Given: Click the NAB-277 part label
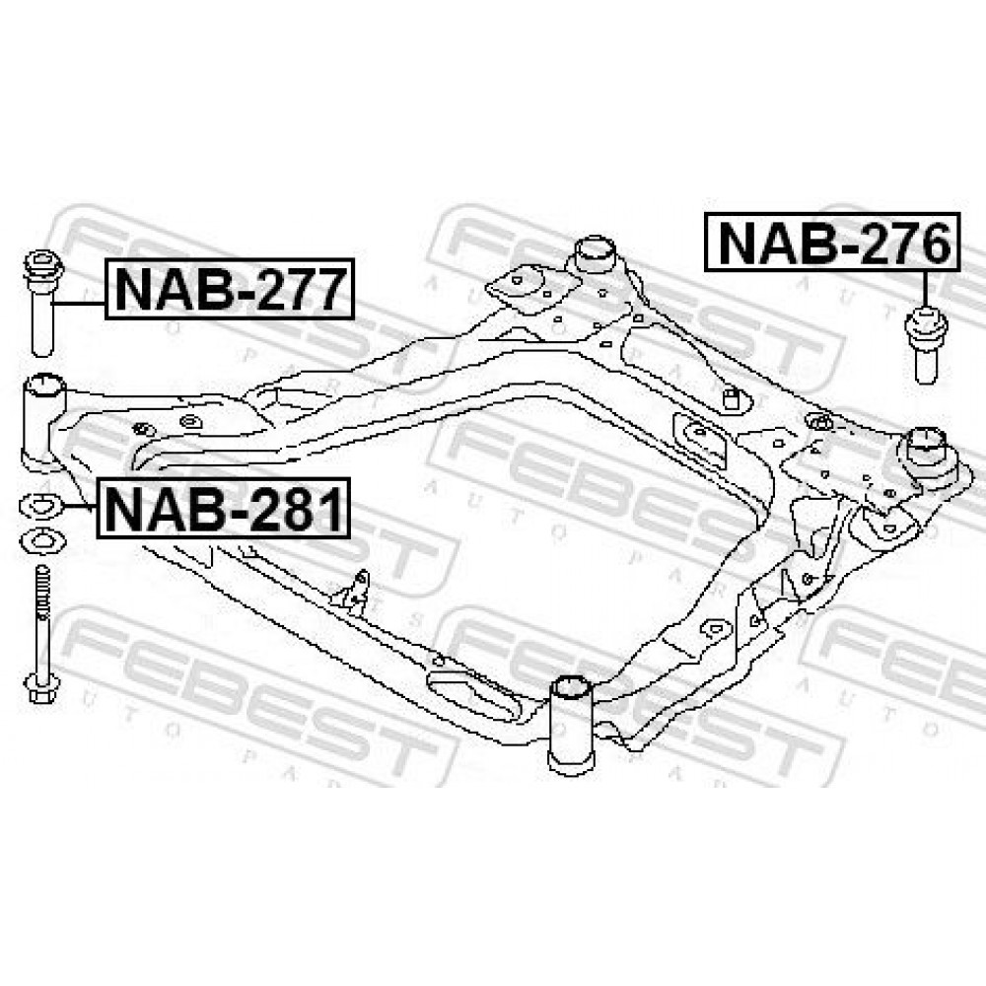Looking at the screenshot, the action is click(x=230, y=289).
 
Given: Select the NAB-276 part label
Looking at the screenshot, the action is click(x=832, y=243).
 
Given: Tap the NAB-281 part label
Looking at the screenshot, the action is click(x=223, y=508).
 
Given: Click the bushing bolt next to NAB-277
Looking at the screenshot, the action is click(x=42, y=303).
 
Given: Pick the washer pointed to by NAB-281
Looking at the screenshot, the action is click(x=40, y=506).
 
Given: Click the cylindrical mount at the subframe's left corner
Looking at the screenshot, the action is click(x=44, y=421).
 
